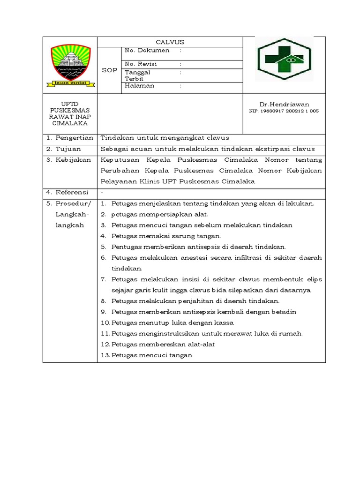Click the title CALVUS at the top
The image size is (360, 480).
[x=170, y=42]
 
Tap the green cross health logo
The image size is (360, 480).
[x=284, y=60]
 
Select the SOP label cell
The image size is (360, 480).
[x=109, y=70]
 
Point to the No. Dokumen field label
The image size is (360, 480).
[x=147, y=50]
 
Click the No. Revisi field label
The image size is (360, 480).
[x=141, y=64]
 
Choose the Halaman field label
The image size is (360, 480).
[x=139, y=86]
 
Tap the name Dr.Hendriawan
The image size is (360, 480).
[x=284, y=104]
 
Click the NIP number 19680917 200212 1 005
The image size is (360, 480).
[x=284, y=111]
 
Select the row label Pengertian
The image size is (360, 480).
[x=72, y=138]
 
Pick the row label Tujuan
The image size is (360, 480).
[x=68, y=149]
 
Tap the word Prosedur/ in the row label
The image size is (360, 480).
[x=74, y=203]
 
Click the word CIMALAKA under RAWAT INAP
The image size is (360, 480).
[x=70, y=123]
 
